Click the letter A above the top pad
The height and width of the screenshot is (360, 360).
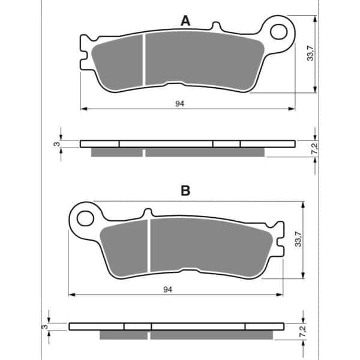tap(185, 21)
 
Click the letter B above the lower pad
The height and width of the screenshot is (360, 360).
tap(185, 190)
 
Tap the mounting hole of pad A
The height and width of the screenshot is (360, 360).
tap(279, 31)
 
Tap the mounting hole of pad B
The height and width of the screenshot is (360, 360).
tap(85, 218)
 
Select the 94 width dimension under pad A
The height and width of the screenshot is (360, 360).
tap(180, 104)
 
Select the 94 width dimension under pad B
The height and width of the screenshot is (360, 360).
tap(167, 290)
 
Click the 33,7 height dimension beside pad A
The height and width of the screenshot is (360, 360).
tap(310, 53)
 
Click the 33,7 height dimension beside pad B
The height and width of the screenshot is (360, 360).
tap(298, 239)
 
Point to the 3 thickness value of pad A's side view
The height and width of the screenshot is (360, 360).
tap(57, 144)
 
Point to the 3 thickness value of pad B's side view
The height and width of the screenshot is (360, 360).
tap(46, 326)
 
